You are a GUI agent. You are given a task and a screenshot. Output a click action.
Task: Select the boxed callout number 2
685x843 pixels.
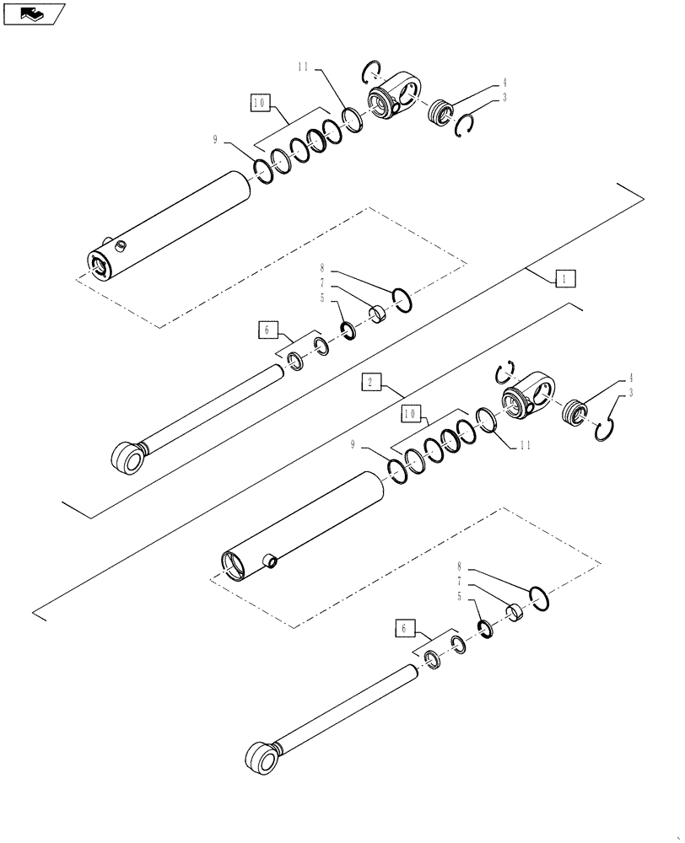pos(371,384)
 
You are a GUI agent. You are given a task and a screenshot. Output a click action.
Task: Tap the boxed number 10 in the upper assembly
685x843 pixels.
pos(260,103)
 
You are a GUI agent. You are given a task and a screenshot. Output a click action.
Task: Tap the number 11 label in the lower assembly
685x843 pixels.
pos(524,444)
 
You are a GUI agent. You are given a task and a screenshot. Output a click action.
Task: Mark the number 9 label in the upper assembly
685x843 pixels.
pos(216,140)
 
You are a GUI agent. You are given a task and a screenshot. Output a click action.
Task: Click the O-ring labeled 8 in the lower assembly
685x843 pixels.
pos(541,598)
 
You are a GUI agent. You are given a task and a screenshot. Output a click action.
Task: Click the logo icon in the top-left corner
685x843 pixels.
pos(34,13)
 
